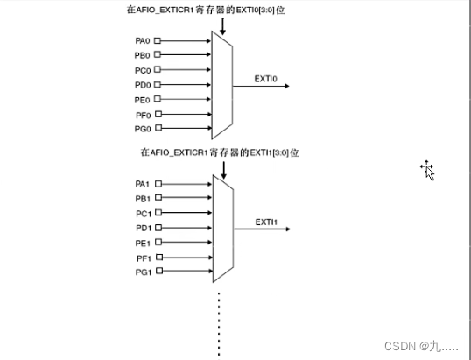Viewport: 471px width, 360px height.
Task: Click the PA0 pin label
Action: tap(143, 39)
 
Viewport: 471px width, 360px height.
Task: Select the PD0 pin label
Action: tap(143, 84)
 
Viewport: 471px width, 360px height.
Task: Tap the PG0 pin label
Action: tap(143, 128)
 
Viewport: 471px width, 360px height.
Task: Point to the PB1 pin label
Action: tap(143, 199)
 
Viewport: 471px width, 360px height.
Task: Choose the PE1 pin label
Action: tap(143, 243)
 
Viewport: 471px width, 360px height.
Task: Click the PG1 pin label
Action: tap(143, 273)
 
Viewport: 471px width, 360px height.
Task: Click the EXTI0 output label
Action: tap(265, 78)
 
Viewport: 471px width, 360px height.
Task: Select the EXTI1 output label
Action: tap(266, 222)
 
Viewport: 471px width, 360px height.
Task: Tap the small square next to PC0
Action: tap(158, 69)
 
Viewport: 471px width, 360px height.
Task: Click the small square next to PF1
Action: tap(158, 258)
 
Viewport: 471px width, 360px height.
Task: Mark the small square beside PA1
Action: tap(158, 184)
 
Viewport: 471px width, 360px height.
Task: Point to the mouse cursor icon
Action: tap(427, 170)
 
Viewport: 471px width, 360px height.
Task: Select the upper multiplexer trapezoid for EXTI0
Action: tap(221, 84)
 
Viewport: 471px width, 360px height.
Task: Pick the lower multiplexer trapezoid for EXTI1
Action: tap(221, 229)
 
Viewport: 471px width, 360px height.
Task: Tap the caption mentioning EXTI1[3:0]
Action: tap(221, 152)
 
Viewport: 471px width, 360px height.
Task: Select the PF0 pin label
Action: tap(143, 114)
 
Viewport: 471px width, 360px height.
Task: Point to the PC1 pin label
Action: tap(143, 214)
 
